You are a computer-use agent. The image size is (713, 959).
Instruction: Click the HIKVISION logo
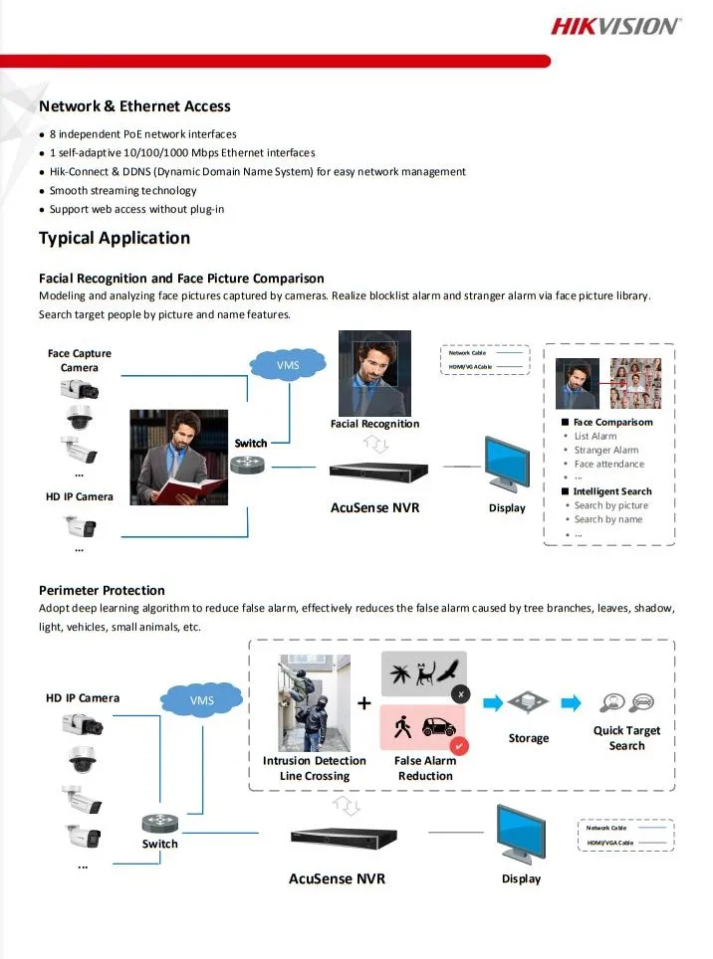point(615,26)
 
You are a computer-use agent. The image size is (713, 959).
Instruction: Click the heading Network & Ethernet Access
point(134,106)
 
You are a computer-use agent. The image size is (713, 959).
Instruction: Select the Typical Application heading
point(115,238)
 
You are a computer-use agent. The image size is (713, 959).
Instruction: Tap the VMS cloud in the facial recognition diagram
point(288,365)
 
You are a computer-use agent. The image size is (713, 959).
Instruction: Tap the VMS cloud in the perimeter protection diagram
point(202,700)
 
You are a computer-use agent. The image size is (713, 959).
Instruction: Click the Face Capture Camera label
point(80,360)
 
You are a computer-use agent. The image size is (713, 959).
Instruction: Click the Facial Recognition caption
point(374,424)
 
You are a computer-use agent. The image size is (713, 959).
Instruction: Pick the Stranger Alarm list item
point(605,451)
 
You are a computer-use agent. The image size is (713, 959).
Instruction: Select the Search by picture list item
point(610,505)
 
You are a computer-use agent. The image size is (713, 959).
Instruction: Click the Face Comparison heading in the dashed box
point(612,422)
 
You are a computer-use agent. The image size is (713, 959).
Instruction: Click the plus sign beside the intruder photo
point(363,704)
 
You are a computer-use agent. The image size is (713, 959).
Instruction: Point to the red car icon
point(439,727)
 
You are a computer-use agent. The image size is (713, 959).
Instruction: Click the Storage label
point(528,738)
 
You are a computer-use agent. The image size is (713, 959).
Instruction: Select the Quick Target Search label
point(626,737)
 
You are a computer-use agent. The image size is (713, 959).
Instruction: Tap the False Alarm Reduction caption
point(425,768)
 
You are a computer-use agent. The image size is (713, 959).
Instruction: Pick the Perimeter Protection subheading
point(102,590)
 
